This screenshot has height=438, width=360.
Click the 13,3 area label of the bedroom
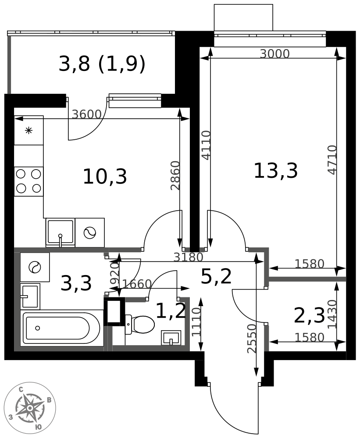click(x=275, y=171)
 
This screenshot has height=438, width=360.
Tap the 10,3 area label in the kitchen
click(x=105, y=177)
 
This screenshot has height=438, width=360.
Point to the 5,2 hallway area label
click(x=216, y=276)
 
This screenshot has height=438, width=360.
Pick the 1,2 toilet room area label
click(x=171, y=311)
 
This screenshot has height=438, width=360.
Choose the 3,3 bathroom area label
click(x=76, y=283)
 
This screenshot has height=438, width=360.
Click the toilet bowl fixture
click(x=139, y=324)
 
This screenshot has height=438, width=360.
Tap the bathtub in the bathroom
click(x=61, y=328)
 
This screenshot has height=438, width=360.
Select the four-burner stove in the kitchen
click(x=29, y=181)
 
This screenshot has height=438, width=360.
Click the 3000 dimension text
click(x=274, y=53)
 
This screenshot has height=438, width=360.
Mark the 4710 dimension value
click(x=332, y=160)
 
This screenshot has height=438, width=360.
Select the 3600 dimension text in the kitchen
click(x=86, y=114)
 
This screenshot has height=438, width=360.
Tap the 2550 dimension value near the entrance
click(x=252, y=339)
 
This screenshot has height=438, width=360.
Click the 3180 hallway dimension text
click(x=188, y=257)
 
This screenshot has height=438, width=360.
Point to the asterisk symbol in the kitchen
click(x=29, y=131)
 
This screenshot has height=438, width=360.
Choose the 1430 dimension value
click(x=332, y=314)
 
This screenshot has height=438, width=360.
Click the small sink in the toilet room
click(x=171, y=338)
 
